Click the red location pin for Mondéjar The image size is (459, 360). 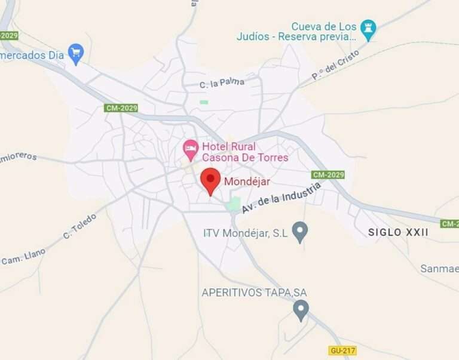tap(210, 180)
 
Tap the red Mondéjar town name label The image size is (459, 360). tap(247, 181)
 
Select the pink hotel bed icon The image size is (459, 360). tap(191, 149)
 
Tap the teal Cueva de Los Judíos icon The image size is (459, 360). tap(369, 29)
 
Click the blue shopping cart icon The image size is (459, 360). tap(75, 54)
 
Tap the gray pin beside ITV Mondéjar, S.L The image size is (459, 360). tap(299, 232)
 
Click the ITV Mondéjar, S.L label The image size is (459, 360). tap(246, 233)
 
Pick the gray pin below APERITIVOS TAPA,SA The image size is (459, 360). tap(301, 310)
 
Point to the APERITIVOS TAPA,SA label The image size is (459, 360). tap(254, 293)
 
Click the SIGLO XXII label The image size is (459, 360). tap(398, 232)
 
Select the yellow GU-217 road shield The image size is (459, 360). tap(342, 350)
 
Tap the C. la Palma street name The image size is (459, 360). tap(222, 83)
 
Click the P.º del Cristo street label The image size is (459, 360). tap(336, 65)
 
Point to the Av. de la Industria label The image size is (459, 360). tap(281, 198)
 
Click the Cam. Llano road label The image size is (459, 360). tap(23, 257)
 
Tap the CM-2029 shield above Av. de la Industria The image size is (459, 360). tap(328, 175)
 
